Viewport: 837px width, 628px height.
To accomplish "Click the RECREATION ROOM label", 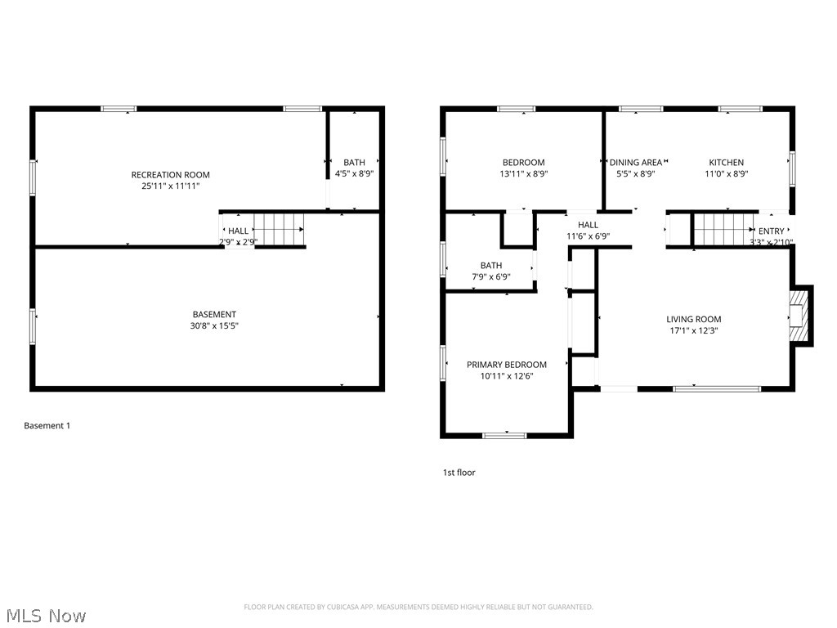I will [170, 174].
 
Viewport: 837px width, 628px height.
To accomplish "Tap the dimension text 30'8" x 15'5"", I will [214, 325].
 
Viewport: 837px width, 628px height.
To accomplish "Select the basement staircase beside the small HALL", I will [279, 230].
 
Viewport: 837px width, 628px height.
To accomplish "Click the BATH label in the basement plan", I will [354, 162].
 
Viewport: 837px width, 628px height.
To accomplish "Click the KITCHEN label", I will [726, 162].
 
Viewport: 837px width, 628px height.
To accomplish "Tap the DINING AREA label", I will [636, 162].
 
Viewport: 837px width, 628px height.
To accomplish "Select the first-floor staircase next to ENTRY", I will [723, 230].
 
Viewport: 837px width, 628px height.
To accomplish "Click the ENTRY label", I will [771, 231].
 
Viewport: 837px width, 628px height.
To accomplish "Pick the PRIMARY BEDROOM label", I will [506, 365].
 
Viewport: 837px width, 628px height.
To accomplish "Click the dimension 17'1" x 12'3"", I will [693, 330].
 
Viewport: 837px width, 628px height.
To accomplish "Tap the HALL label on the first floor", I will [588, 225].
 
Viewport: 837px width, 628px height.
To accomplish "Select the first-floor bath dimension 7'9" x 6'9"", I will [490, 276].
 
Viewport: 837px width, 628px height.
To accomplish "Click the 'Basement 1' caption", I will [47, 425].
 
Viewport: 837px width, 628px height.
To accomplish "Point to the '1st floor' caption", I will [459, 473].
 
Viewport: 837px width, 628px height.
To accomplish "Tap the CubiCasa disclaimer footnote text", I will [418, 607].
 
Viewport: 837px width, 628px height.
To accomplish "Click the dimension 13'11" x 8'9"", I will [523, 173].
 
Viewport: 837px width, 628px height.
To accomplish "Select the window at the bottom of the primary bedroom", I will [504, 435].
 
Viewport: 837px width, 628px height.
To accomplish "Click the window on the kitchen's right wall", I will [791, 169].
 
